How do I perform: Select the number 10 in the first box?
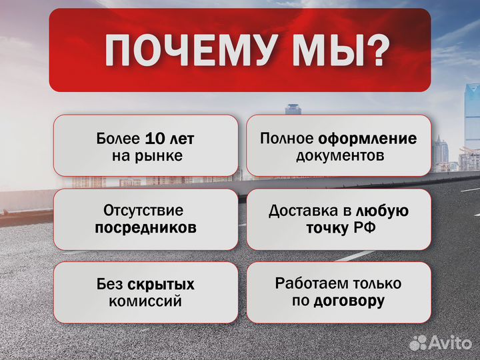pos(154,139)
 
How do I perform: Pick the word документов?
pos(340,156)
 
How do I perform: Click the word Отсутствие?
pos(143,211)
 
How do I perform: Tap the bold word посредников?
pos(145,227)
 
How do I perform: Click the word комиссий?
pos(145,301)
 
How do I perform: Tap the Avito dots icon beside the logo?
pos(418,342)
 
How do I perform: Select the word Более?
pos(118,139)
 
